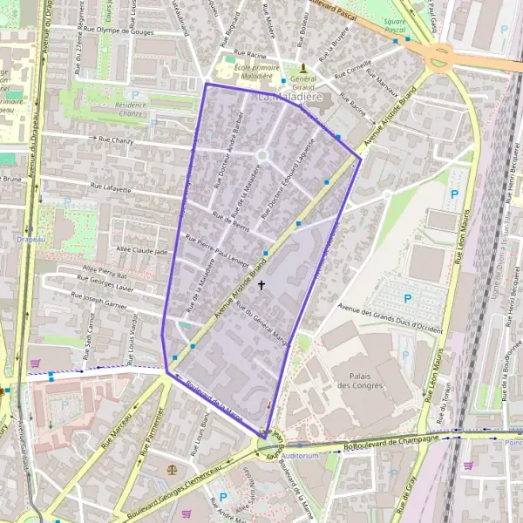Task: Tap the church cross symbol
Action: [x=261, y=285]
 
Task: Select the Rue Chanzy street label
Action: [x=117, y=139]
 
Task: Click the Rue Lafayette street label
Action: [x=110, y=187]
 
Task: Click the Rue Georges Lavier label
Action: [x=105, y=283]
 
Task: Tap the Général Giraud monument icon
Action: [x=303, y=67]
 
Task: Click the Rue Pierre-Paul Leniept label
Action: [x=219, y=251]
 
